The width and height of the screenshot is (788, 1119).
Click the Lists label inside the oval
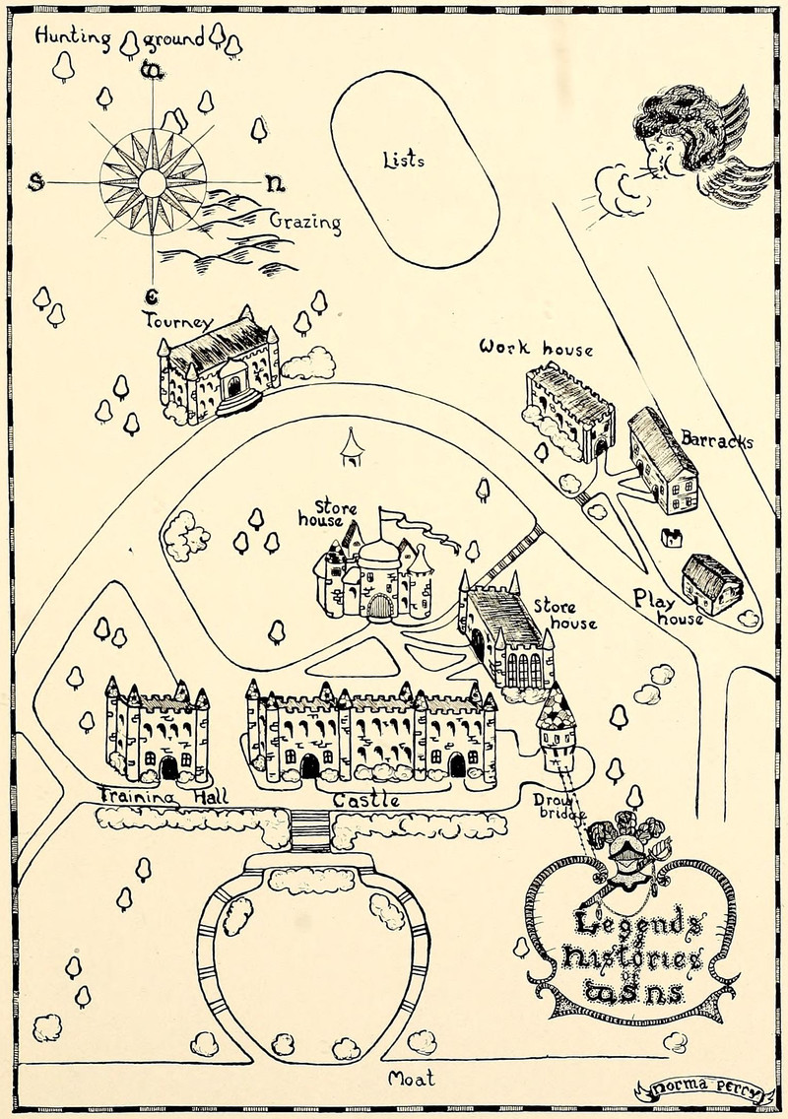(403, 159)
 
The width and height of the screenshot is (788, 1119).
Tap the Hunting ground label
(119, 37)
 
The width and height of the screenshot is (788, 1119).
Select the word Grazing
(305, 222)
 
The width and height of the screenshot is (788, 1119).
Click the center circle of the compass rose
(152, 182)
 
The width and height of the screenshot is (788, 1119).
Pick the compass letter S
(36, 182)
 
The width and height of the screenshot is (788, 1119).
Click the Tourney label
(177, 321)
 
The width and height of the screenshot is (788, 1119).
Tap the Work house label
(536, 349)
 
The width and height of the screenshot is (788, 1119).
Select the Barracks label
(716, 440)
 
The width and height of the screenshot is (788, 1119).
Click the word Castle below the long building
(365, 801)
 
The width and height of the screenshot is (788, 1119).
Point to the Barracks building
(663, 460)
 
